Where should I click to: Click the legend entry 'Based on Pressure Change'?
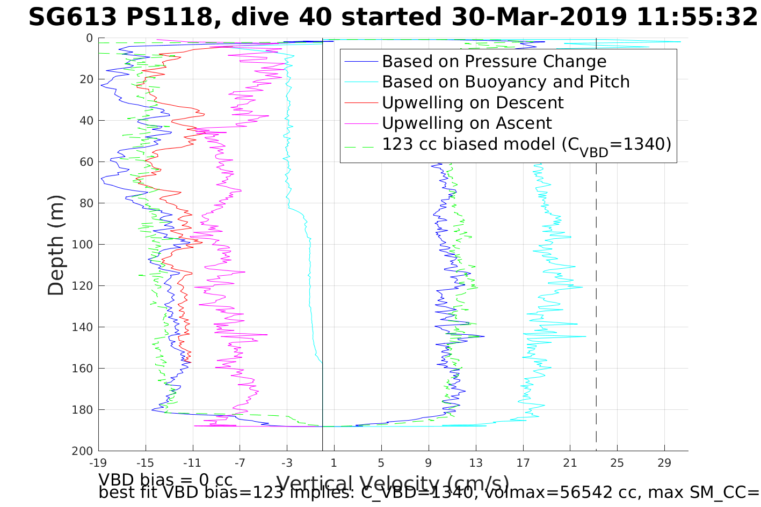click(494, 62)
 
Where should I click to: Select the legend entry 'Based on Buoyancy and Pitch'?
click(505, 82)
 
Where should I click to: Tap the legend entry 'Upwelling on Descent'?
click(473, 102)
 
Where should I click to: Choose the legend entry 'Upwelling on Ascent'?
click(467, 123)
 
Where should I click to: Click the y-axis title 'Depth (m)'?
click(56, 245)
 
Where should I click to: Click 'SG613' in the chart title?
click(73, 18)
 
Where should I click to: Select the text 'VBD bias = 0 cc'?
click(165, 479)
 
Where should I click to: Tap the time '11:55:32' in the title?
click(697, 18)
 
